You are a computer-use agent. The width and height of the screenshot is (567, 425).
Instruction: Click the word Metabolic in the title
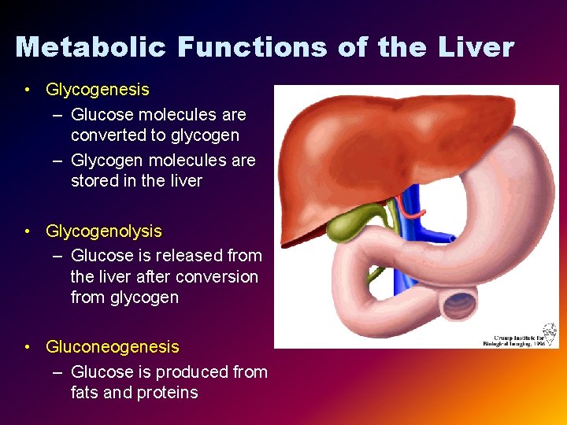tap(91, 47)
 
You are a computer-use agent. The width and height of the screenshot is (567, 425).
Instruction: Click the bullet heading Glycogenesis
tap(97, 90)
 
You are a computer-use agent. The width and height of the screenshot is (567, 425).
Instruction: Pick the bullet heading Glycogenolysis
tap(103, 231)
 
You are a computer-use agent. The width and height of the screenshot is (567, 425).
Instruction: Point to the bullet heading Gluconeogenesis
tap(113, 347)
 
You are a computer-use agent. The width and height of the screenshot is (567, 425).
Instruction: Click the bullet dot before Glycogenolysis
tap(28, 231)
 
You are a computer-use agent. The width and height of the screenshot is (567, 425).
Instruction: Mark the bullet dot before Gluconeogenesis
tap(28, 347)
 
